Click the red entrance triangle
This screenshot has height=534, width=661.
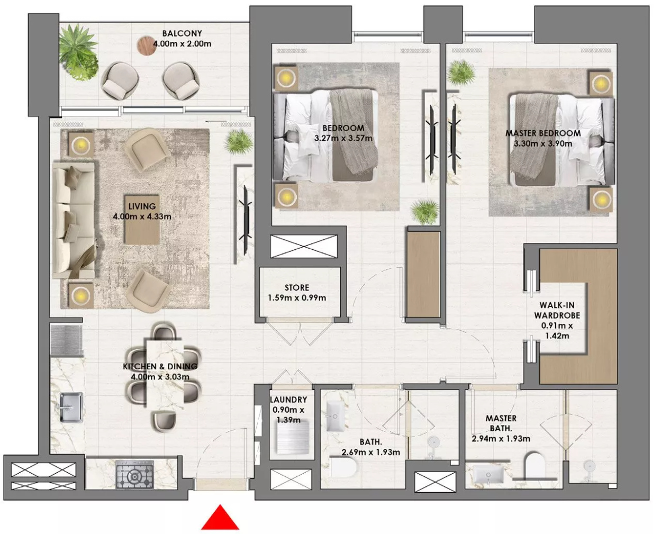tap(220, 517)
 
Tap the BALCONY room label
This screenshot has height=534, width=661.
tap(182, 33)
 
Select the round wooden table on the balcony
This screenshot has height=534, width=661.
tap(146, 46)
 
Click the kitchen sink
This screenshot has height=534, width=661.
tap(71, 408)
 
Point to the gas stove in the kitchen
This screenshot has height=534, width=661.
tap(135, 474)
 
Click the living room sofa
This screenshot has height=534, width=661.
tap(74, 220)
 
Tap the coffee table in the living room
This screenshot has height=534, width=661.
tap(142, 219)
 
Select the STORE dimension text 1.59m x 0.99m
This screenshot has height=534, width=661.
tap(297, 298)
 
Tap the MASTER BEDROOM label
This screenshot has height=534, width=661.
tap(543, 133)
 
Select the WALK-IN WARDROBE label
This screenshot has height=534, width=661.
tap(557, 310)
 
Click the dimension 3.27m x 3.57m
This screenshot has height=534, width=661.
tap(343, 138)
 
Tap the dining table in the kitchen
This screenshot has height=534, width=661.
tap(165, 374)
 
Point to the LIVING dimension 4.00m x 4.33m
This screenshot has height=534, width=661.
tap(142, 216)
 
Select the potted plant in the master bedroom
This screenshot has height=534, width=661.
tap(461, 73)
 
